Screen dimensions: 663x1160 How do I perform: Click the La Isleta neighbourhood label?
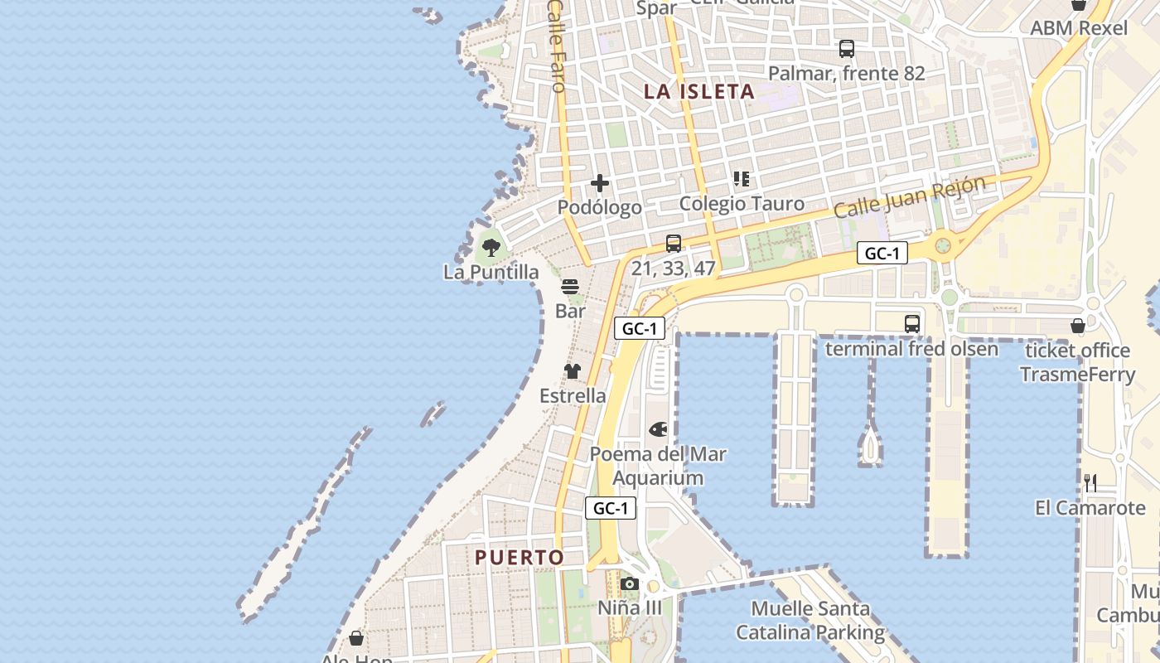pyautogui.click(x=699, y=92)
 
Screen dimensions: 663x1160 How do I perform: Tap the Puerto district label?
pyautogui.click(x=520, y=558)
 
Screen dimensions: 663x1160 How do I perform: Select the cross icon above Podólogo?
pyautogui.click(x=600, y=183)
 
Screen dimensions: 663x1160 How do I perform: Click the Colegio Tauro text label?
pyautogui.click(x=742, y=204)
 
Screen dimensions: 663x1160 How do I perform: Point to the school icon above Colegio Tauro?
pyautogui.click(x=742, y=179)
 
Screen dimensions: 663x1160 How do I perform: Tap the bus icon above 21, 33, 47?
pyautogui.click(x=673, y=244)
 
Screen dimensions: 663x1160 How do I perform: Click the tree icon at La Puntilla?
pyautogui.click(x=491, y=247)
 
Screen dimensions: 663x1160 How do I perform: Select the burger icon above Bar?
pyautogui.click(x=570, y=288)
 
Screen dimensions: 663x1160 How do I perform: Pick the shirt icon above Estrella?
pyautogui.click(x=573, y=371)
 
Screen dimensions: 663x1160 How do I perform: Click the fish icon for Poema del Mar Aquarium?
pyautogui.click(x=658, y=429)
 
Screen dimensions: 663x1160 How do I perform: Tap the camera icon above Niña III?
pyautogui.click(x=630, y=583)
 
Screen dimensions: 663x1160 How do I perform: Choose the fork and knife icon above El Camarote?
pyautogui.click(x=1090, y=482)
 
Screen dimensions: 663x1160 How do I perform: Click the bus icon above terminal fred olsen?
pyautogui.click(x=912, y=323)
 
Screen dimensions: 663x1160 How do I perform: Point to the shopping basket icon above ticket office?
pyautogui.click(x=1078, y=326)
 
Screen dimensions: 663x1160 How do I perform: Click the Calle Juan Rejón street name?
pyautogui.click(x=910, y=197)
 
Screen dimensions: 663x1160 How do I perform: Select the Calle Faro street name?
pyautogui.click(x=557, y=46)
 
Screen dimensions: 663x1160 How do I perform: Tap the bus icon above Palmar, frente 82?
pyautogui.click(x=846, y=49)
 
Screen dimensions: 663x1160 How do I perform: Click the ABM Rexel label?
pyautogui.click(x=1079, y=28)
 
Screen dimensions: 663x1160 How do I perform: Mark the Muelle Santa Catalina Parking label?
pyautogui.click(x=810, y=621)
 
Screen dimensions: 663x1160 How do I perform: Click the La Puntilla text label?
pyautogui.click(x=491, y=272)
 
